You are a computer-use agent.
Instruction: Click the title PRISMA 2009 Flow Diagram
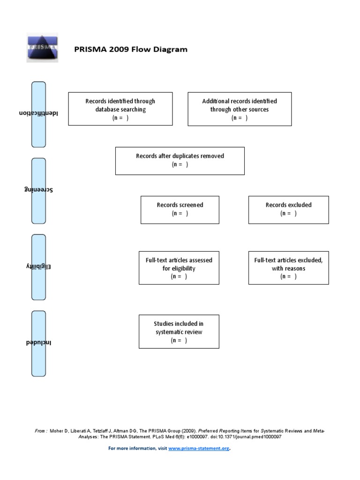tap(131, 50)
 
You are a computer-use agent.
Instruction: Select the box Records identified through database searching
tap(120, 109)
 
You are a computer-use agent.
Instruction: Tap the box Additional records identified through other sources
tap(240, 109)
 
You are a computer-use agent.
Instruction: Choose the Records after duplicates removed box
tap(180, 161)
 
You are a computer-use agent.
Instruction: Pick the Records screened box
tap(180, 209)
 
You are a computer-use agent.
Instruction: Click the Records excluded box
tap(288, 209)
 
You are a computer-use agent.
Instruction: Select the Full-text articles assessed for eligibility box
tap(179, 268)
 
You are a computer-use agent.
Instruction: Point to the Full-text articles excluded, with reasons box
tap(288, 268)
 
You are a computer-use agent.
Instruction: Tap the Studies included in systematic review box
tap(179, 331)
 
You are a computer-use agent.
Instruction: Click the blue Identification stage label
tap(38, 114)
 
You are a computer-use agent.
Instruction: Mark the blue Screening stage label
tap(38, 190)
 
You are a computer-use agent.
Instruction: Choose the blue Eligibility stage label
tap(38, 267)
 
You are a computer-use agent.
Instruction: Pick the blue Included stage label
tap(38, 343)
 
